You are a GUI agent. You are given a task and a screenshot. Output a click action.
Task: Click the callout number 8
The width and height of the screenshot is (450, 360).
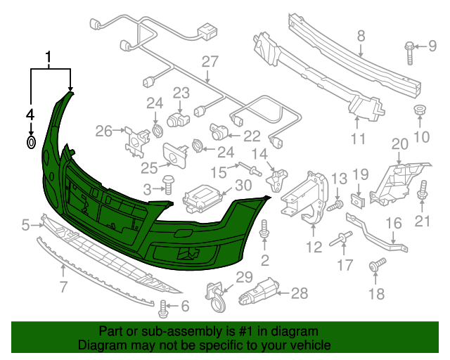(x=361, y=36)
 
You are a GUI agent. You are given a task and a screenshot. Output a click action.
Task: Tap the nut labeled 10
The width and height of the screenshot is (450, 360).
(x=420, y=110)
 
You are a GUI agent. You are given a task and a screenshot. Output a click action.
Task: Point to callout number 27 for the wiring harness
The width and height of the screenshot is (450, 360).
(x=210, y=62)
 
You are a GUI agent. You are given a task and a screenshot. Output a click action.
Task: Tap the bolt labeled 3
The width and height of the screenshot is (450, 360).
(x=168, y=186)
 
